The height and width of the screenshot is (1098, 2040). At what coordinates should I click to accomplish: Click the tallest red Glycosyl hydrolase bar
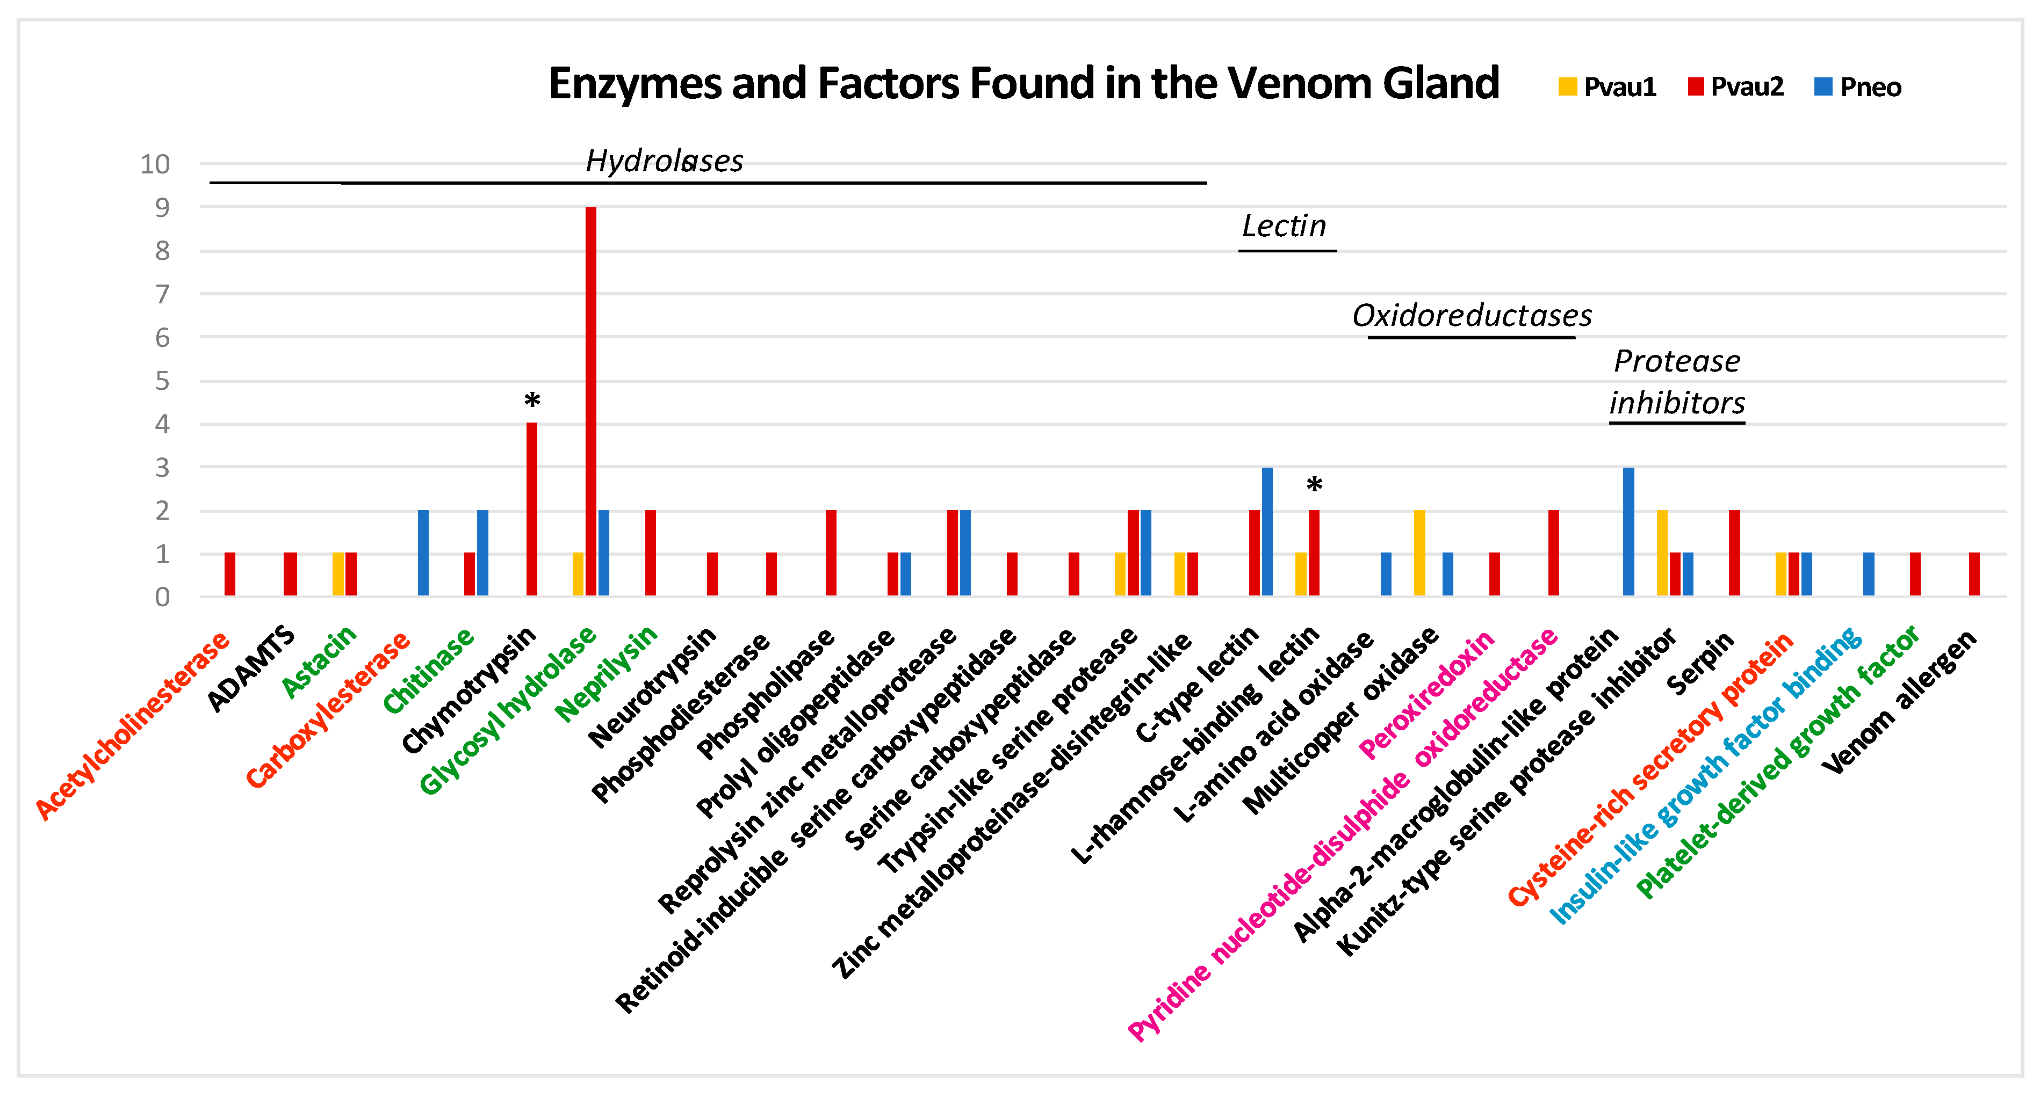591,401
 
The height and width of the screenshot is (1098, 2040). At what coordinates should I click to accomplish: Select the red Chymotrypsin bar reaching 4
531,509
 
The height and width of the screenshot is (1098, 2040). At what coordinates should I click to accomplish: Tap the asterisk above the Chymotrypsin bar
532,401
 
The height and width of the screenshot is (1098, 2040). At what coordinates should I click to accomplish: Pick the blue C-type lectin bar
1267,531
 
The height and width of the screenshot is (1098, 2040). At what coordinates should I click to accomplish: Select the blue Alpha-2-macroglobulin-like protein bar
1628,531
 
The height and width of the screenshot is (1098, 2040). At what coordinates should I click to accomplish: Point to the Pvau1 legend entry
1608,87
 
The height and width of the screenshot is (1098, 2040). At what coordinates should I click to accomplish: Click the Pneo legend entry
1858,87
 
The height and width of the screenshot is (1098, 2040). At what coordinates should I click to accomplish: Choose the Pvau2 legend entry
1736,87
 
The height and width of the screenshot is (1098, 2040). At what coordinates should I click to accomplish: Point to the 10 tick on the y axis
155,165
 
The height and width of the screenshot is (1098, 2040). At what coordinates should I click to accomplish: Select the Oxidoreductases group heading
1472,316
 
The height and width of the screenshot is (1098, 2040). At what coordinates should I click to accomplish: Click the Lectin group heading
1284,227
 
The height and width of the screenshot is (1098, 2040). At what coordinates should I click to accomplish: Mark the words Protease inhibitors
1676,382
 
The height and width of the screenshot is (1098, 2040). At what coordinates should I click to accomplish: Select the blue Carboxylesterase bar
423,552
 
